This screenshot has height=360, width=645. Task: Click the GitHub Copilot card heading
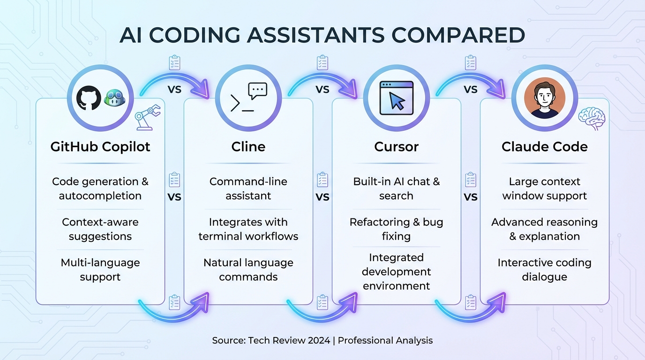100,147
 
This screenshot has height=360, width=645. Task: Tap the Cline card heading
248,147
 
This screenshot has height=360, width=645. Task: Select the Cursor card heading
396,147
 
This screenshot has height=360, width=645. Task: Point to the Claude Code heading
544,147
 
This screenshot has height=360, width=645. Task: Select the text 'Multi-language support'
100,270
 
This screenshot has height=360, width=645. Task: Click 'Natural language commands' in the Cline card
248,270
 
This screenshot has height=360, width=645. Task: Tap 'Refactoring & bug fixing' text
396,229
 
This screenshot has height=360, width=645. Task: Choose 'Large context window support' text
544,188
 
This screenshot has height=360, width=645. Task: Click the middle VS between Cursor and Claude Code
471,197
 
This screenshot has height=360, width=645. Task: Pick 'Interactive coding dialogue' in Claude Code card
544,270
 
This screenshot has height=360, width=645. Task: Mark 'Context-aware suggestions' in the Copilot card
100,229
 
